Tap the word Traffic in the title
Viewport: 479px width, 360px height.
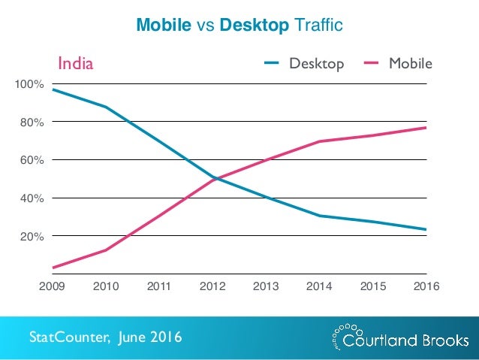(x=318, y=26)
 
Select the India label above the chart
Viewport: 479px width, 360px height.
(x=76, y=63)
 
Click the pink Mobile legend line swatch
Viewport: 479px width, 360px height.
(x=371, y=63)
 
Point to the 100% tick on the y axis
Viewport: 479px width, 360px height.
(x=30, y=84)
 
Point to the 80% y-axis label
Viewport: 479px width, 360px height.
(x=32, y=122)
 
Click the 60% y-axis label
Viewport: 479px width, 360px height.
(x=32, y=160)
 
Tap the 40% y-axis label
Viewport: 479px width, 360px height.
(x=32, y=198)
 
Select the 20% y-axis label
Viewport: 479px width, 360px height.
(x=32, y=237)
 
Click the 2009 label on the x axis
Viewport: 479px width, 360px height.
(x=53, y=286)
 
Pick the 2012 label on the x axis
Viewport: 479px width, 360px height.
(x=213, y=286)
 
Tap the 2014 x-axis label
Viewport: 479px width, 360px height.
(x=320, y=286)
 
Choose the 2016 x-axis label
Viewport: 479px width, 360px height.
(x=426, y=286)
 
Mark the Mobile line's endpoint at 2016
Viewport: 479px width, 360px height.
(x=426, y=128)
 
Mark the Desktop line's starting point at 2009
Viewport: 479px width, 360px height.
(x=54, y=90)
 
